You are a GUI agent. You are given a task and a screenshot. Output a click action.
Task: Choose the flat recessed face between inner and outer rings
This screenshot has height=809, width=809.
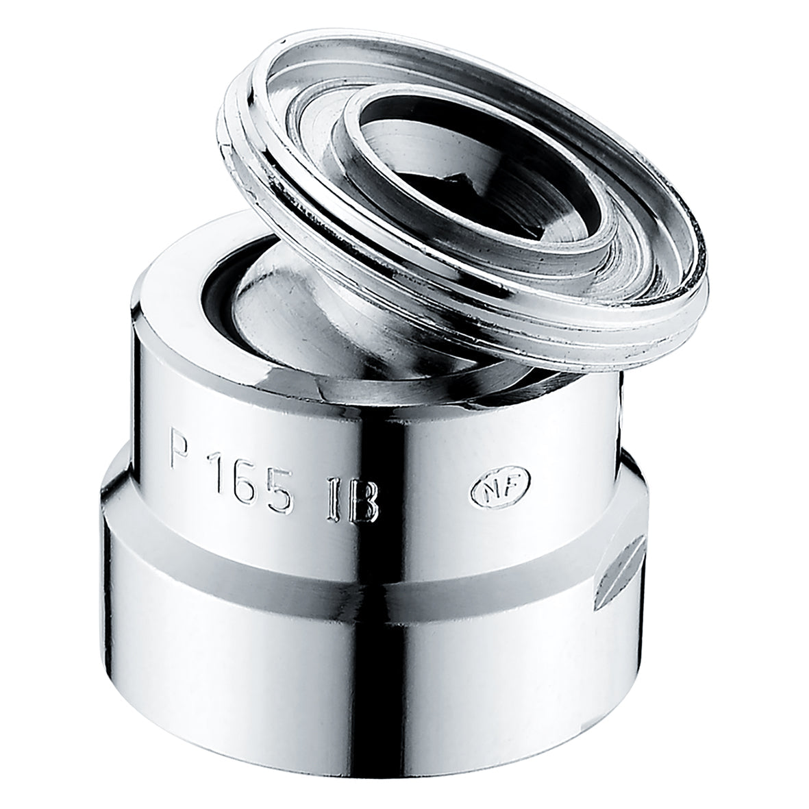(x=603, y=226)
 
